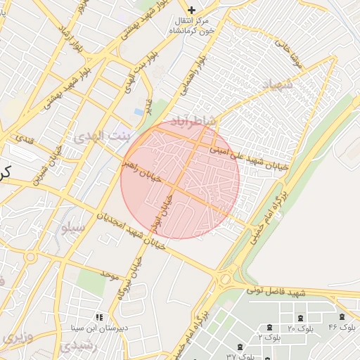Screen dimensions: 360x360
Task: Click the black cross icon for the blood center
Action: click(x=191, y=10)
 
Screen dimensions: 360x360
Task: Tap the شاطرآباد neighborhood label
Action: click(x=188, y=122)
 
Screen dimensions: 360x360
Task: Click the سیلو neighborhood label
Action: click(x=73, y=228)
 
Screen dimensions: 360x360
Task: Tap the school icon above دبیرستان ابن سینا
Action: click(x=98, y=318)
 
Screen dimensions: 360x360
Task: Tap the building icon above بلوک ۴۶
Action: click(x=342, y=318)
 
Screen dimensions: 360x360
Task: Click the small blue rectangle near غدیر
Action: click(x=138, y=112)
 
